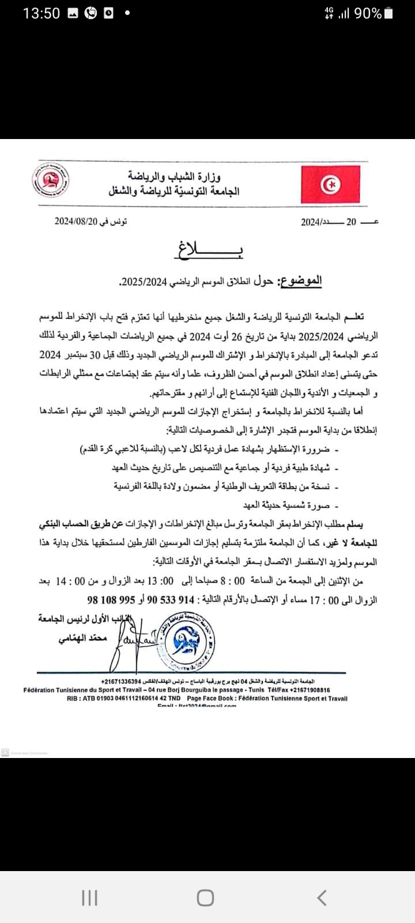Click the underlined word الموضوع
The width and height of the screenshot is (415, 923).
point(299,281)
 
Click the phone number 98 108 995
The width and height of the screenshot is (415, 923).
point(115,599)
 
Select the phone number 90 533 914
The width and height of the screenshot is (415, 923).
point(164,599)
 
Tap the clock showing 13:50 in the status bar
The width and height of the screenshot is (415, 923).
point(41,13)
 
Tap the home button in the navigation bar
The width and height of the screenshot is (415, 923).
point(205,898)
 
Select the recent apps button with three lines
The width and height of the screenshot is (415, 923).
point(89,898)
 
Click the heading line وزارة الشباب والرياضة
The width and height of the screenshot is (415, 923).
point(173,177)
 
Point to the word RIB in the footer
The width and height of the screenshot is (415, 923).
point(74,698)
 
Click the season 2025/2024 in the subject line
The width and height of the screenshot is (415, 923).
point(146,282)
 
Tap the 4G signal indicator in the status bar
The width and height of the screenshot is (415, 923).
point(329,13)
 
